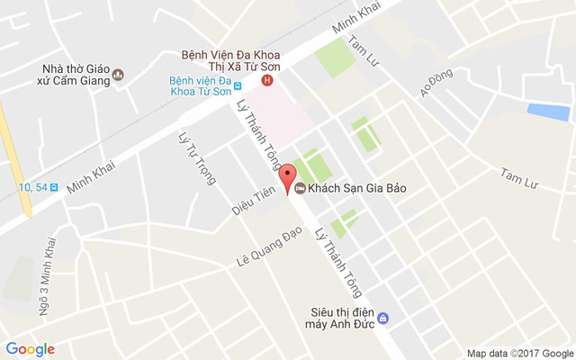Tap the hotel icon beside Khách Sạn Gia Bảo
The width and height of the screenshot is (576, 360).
[x=299, y=189]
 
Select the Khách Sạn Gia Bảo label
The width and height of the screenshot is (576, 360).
[x=352, y=189]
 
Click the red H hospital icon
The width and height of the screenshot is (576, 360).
[x=266, y=81]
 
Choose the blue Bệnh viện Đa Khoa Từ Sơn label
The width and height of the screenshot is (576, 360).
[x=200, y=87]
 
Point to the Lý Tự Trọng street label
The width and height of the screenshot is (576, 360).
[x=197, y=158]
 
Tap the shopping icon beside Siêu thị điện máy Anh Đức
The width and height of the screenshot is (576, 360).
[x=382, y=319]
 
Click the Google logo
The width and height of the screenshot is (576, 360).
[x=30, y=349]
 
